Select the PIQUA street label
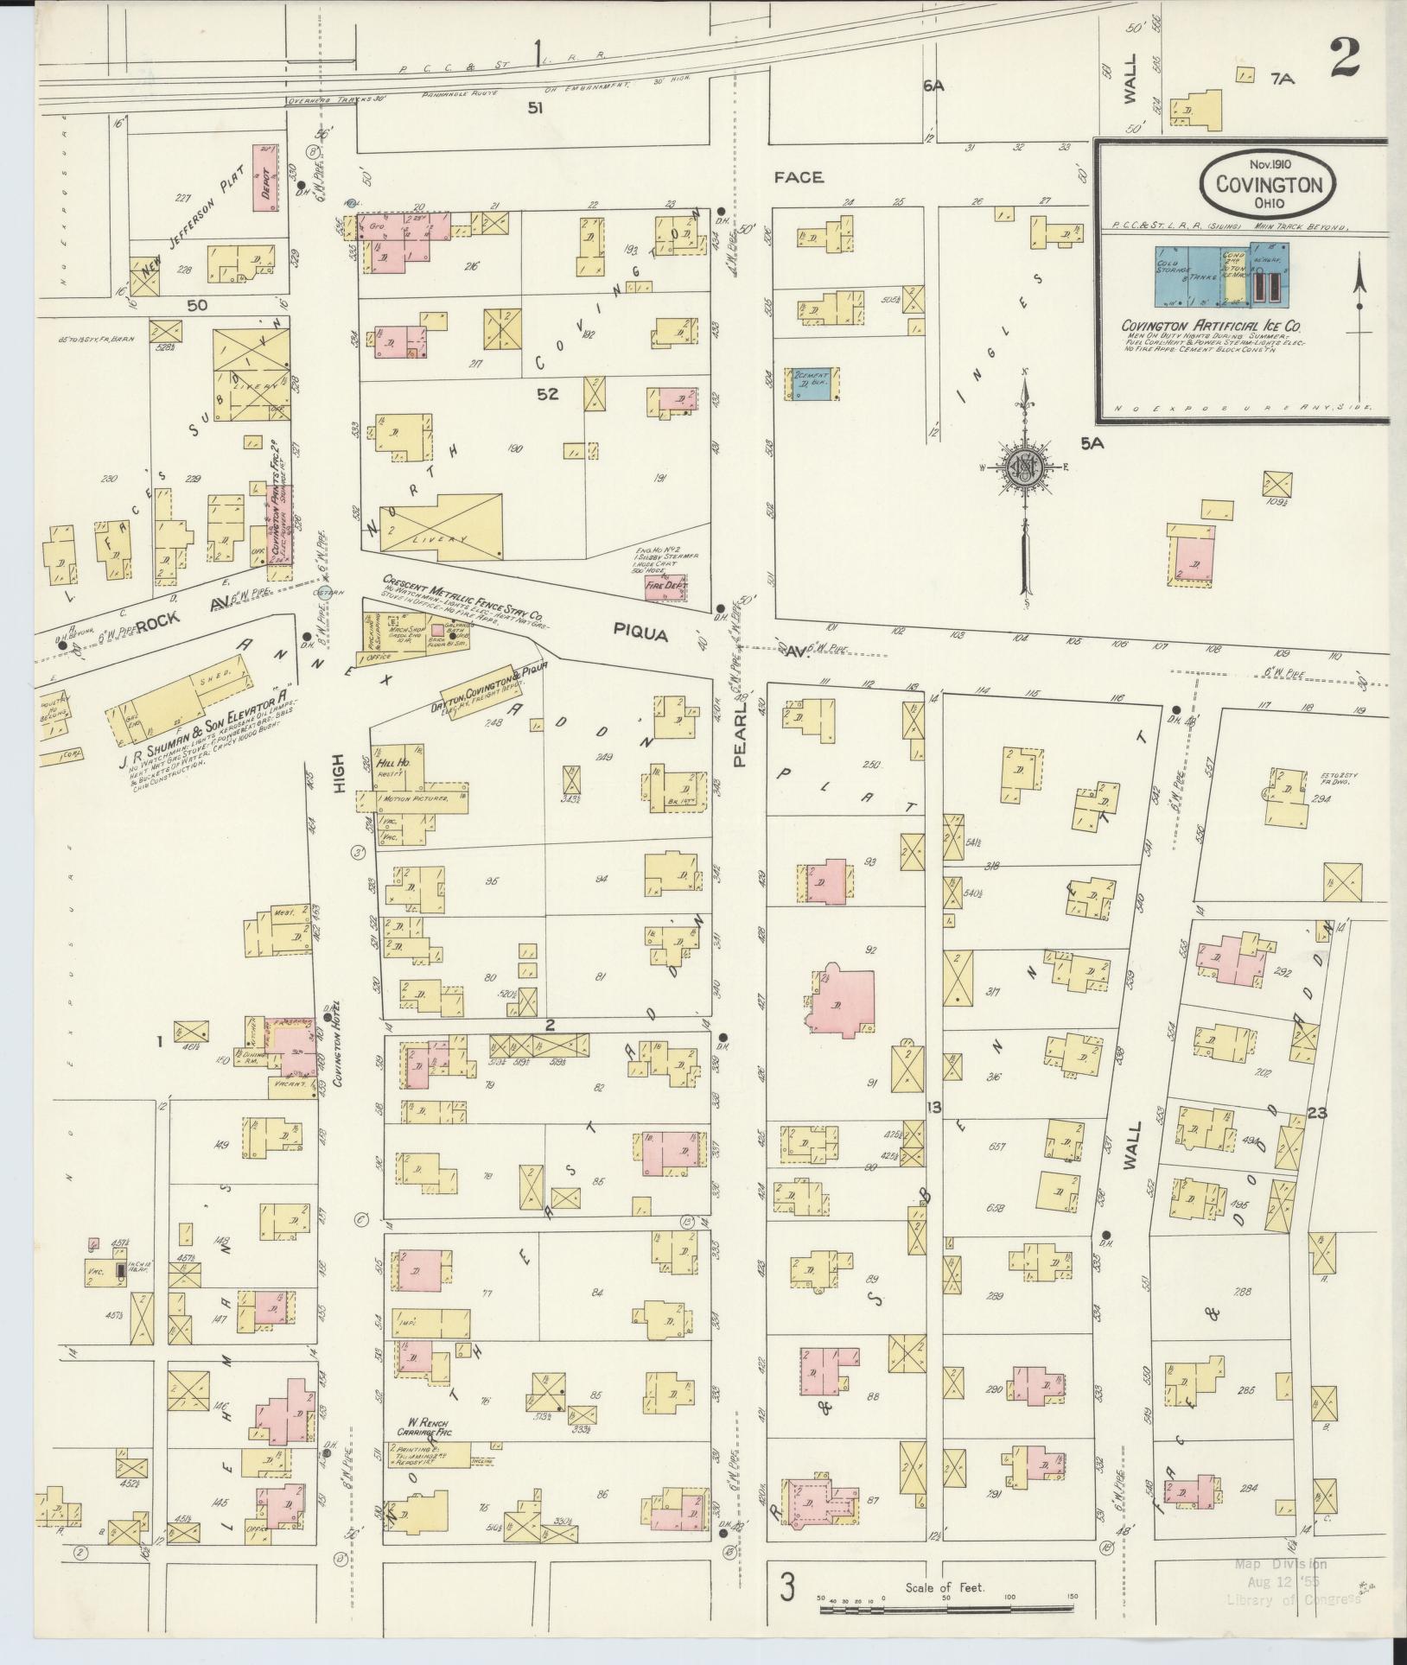(x=641, y=633)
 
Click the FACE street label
(x=799, y=177)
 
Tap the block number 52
(x=547, y=394)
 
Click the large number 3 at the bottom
(x=787, y=1587)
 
